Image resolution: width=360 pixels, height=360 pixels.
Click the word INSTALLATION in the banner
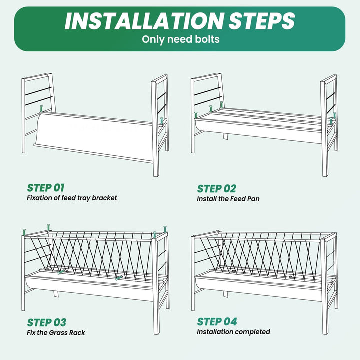(144, 21)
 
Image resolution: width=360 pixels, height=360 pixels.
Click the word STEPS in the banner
(261, 21)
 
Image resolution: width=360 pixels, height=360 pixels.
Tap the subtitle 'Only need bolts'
(180, 39)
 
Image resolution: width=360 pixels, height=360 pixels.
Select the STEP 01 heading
(46, 188)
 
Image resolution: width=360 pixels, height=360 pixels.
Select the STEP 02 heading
(216, 189)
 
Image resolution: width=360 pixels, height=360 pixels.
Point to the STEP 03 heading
(47, 322)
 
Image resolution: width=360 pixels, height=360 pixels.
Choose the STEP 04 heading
(217, 322)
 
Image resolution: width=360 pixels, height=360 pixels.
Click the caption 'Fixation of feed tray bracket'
(72, 198)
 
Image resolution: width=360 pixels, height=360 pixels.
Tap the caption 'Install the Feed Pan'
(228, 199)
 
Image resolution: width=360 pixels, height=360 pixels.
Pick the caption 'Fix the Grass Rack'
(56, 332)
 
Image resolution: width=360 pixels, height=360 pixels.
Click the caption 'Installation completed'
(233, 332)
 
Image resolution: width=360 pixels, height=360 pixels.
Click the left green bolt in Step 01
(41, 108)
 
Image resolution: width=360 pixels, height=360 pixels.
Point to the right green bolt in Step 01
(162, 121)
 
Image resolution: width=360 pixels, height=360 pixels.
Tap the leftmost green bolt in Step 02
(196, 115)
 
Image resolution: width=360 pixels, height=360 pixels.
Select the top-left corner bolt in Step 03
(24, 232)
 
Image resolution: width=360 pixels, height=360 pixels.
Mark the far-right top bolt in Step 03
(165, 229)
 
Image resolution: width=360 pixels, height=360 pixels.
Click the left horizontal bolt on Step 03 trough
(61, 272)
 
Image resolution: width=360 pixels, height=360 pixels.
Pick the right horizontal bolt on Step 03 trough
(119, 278)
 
